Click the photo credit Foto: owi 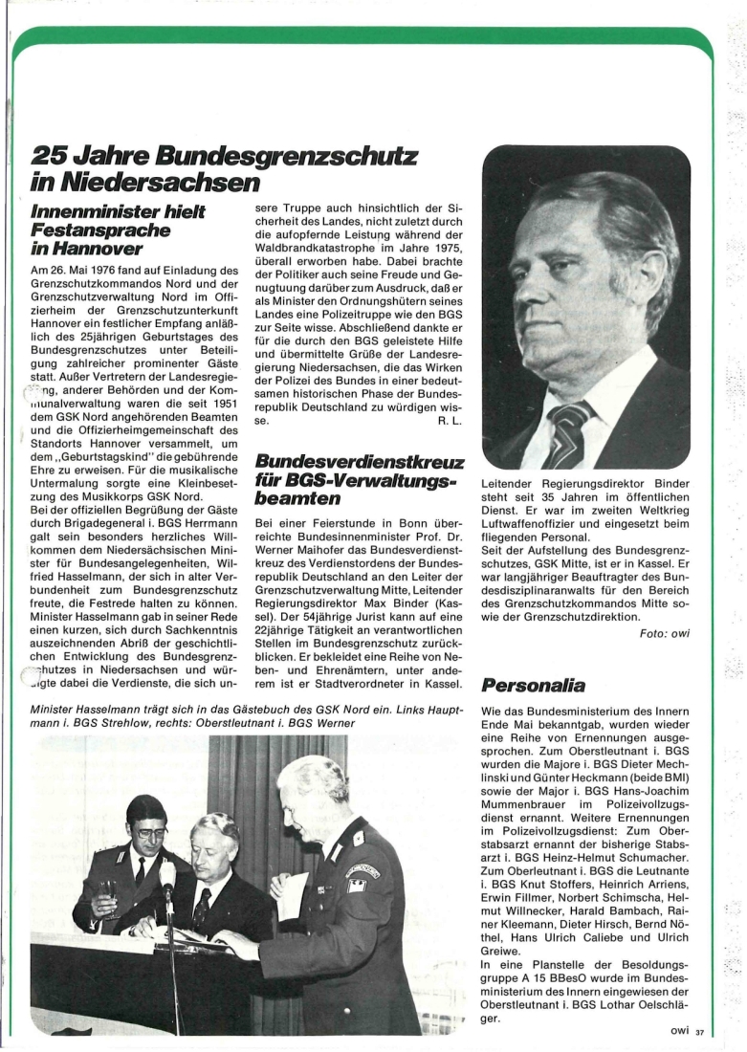[664, 632]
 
